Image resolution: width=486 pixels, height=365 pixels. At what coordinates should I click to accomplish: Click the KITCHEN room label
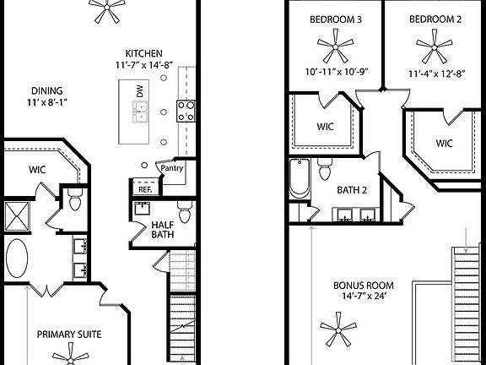(x=138, y=52)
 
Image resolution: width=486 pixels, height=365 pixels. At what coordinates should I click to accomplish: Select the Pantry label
(x=171, y=167)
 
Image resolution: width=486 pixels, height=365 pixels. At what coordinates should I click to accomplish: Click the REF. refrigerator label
(x=143, y=189)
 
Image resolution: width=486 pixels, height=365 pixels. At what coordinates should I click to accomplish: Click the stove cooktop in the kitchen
(x=186, y=109)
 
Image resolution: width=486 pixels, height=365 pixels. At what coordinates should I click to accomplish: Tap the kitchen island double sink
(x=140, y=109)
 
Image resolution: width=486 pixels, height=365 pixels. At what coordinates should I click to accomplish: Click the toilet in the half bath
(x=184, y=205)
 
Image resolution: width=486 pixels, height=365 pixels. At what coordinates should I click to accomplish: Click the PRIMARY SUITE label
(x=68, y=335)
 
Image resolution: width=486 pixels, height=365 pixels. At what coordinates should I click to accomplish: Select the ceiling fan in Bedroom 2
(x=433, y=43)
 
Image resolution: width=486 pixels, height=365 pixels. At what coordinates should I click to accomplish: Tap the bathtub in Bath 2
(x=300, y=178)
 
